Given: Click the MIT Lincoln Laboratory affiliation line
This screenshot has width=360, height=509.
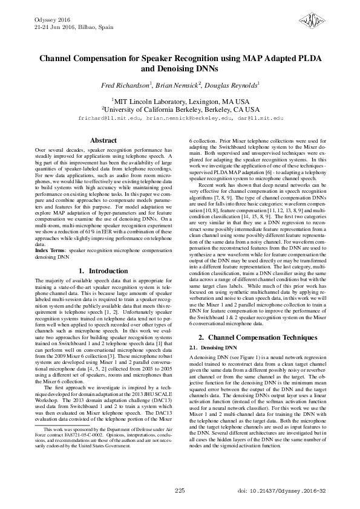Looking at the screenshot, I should point(180,101).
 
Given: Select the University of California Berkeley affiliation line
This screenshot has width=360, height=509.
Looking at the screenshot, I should point(180,109).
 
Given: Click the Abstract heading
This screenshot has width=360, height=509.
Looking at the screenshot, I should point(103,140).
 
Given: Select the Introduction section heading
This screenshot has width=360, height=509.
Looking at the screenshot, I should point(103,271).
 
